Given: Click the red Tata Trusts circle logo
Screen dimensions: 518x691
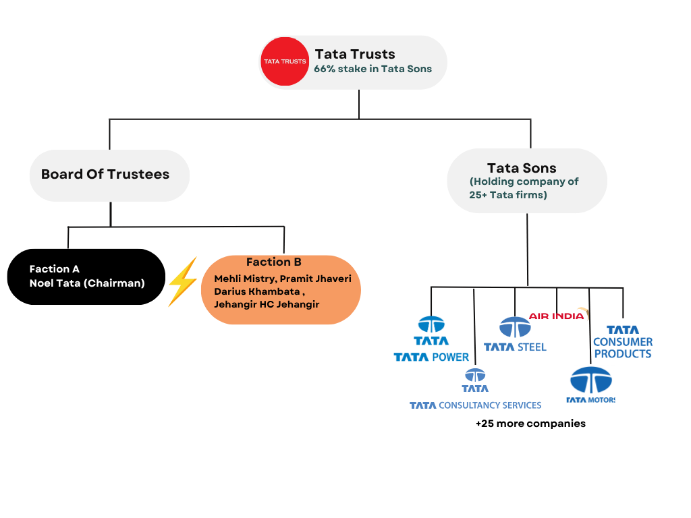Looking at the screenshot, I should pos(284,61).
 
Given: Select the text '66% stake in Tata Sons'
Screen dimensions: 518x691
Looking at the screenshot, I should pos(372,69).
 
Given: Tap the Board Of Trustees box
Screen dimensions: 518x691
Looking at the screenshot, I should pos(109,175).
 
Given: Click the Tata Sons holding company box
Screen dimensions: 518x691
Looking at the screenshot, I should pos(526,180).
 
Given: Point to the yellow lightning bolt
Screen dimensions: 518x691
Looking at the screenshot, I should pos(182,281).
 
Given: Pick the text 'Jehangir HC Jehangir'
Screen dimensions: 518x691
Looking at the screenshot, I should pos(267,304).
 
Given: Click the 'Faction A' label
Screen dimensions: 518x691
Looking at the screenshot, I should pos(55,269).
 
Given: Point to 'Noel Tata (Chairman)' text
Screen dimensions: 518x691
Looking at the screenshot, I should pos(87,283).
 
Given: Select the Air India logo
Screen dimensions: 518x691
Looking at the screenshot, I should pos(559,316).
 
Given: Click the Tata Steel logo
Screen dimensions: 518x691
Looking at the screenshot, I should pos(515,335).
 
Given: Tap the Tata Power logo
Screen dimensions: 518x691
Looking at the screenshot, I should pos(431,339).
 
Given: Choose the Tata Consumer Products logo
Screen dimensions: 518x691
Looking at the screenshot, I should pos(622,342).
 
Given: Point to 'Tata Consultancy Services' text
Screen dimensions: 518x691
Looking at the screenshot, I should pos(475,405).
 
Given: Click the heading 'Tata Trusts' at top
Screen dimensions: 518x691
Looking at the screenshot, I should pos(355,54).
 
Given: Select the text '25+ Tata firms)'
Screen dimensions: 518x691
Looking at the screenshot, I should pos(508,195).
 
